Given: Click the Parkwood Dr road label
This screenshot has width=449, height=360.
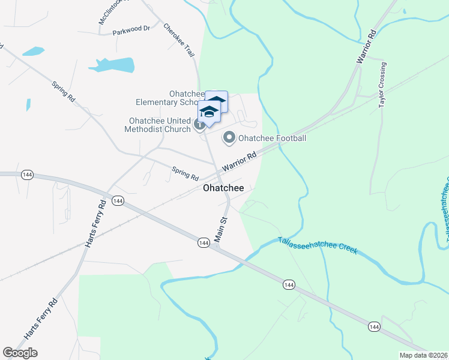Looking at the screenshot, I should (130, 29).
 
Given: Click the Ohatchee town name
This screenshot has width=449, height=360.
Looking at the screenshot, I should (223, 188).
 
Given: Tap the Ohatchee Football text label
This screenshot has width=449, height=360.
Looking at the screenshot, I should (273, 139).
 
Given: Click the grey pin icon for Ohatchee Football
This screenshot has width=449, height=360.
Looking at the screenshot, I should (229, 139).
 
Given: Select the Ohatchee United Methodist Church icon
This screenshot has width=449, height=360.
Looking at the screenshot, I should (200, 125).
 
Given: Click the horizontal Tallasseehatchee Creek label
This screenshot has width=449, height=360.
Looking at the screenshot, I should (318, 245).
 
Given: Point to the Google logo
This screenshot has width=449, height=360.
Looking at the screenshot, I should (20, 353).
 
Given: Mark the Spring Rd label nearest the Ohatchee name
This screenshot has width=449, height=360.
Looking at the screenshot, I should (185, 173).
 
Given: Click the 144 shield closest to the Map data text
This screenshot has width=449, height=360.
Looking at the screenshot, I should (374, 326).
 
